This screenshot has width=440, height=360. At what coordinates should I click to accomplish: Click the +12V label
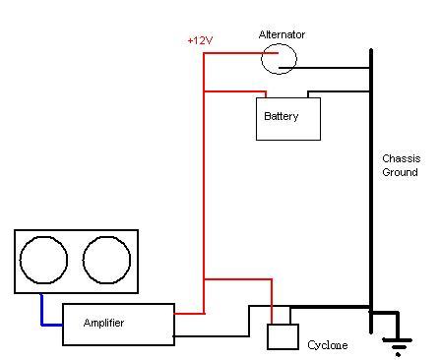pyautogui.click(x=200, y=40)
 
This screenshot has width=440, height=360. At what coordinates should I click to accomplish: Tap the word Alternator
pyautogui.click(x=282, y=34)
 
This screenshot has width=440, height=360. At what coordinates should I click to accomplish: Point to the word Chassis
pyautogui.click(x=402, y=158)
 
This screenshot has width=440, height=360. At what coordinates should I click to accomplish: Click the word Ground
pyautogui.click(x=400, y=172)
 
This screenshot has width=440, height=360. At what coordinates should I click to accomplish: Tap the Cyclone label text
pyautogui.click(x=328, y=345)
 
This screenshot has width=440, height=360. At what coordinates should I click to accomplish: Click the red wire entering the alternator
pyautogui.click(x=241, y=53)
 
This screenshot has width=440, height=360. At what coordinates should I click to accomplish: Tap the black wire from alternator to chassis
pyautogui.click(x=324, y=68)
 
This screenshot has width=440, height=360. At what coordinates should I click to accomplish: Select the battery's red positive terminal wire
pyautogui.click(x=235, y=91)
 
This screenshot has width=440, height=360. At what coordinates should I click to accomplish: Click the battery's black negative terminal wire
pyautogui.click(x=338, y=91)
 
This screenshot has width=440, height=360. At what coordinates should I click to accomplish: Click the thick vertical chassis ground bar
pyautogui.click(x=371, y=191)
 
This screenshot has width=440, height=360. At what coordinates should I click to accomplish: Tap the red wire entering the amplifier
pyautogui.click(x=189, y=314)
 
